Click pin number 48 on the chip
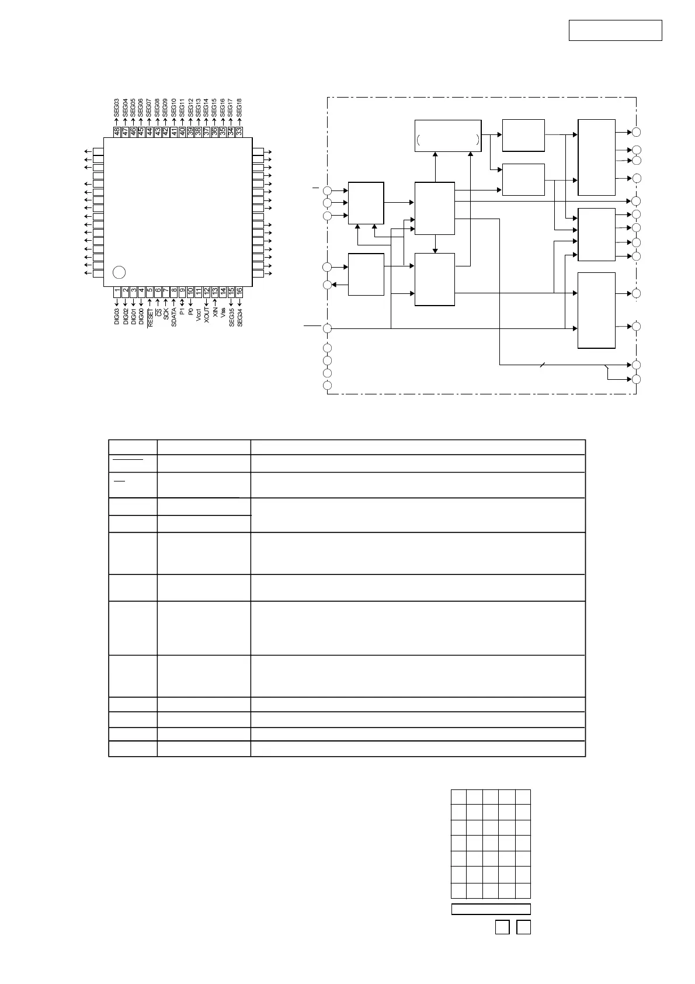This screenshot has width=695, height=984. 117,132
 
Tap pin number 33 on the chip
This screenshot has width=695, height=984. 239,132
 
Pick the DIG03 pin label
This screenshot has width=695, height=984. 117,316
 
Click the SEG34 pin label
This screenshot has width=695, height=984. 239,316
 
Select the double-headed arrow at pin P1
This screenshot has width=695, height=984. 182,302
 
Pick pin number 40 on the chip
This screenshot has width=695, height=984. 182,132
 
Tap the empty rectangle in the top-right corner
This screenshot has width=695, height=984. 615,30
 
